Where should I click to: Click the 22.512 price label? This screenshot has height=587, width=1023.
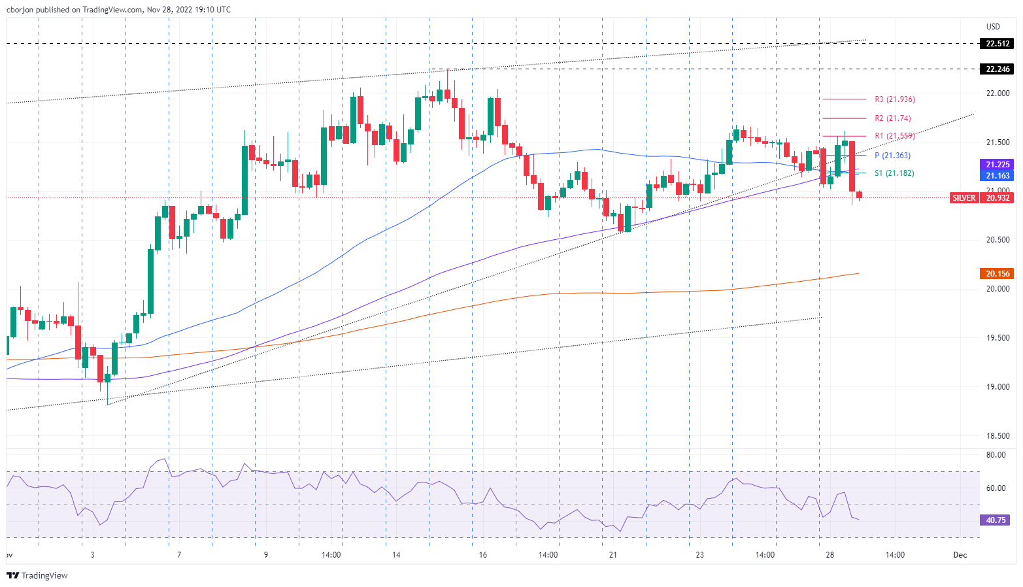(x=997, y=44)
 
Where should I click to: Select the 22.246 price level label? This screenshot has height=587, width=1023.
(x=997, y=69)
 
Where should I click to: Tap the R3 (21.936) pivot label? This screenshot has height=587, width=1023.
(x=894, y=99)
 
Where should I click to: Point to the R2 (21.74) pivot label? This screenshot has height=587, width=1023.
(x=892, y=118)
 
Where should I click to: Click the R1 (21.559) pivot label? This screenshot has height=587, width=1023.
(x=894, y=136)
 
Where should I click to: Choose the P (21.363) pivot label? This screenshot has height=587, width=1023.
(x=892, y=156)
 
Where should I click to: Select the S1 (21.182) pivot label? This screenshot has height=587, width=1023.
(x=894, y=173)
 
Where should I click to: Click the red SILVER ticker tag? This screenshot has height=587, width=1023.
(x=964, y=197)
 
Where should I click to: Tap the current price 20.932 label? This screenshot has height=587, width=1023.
(x=997, y=197)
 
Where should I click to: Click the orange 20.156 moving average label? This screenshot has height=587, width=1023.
(x=997, y=274)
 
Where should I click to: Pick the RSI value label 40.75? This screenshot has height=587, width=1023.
(x=996, y=520)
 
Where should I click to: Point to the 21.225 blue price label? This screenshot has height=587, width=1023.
(x=997, y=165)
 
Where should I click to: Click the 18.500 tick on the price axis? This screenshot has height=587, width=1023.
(x=998, y=436)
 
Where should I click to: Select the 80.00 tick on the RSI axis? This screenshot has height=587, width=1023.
(x=996, y=455)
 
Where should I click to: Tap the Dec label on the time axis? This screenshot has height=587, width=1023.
(x=960, y=555)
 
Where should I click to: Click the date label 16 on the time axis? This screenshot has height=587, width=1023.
(x=482, y=555)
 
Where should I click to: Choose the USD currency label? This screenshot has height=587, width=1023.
(x=993, y=27)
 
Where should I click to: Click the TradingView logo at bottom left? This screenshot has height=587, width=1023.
(x=37, y=575)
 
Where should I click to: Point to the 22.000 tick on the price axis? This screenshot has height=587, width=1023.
(x=998, y=93)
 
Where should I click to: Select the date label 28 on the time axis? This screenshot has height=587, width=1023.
(x=830, y=555)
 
